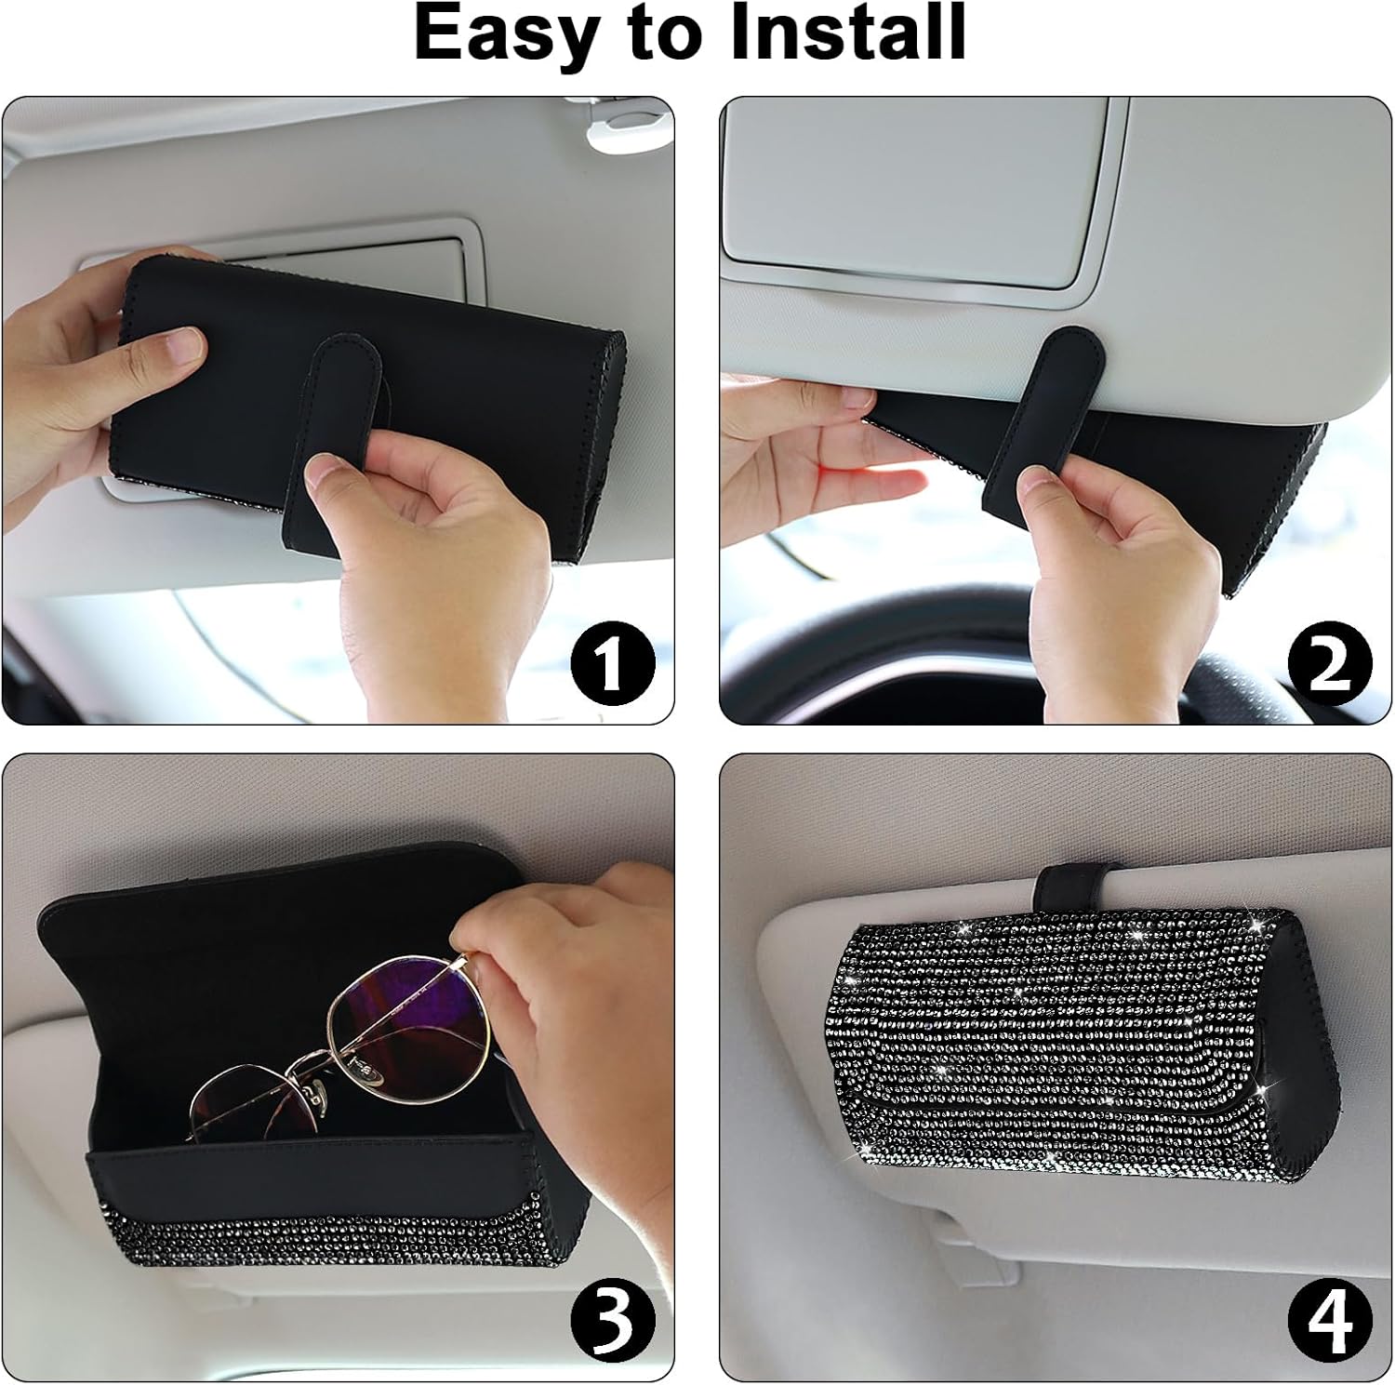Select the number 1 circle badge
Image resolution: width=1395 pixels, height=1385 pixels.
(612, 664)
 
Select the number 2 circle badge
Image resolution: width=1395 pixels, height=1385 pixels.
(1330, 664)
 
